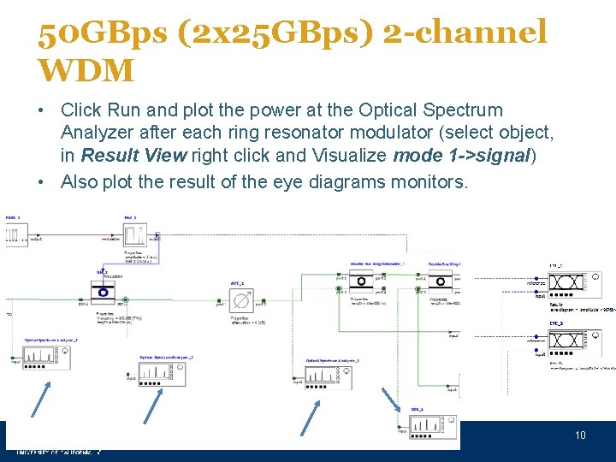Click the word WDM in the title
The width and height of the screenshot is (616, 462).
(86, 69)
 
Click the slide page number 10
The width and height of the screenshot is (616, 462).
(580, 435)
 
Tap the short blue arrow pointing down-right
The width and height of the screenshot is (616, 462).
(388, 400)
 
